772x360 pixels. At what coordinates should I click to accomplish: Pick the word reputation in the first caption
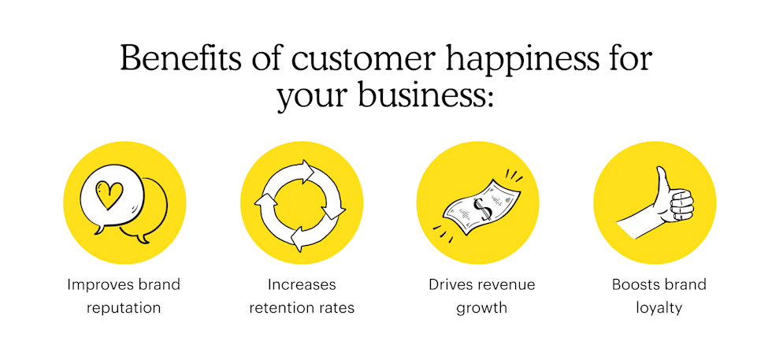pos(124,307)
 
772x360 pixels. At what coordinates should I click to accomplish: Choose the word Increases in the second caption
pos(302,284)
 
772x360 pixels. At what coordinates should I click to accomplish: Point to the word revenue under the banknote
pos(504,284)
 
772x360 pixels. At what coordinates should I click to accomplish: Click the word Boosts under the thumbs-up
pos(635,284)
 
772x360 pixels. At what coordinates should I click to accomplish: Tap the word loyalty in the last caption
pos(659,307)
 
